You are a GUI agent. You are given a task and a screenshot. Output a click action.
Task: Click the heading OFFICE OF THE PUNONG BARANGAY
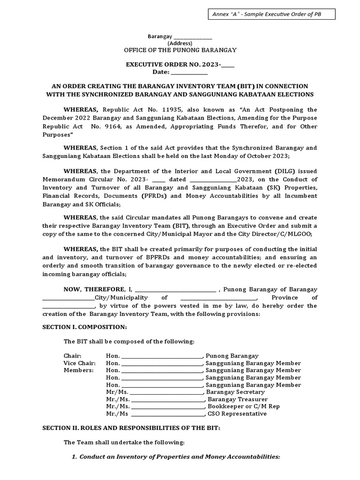click(180, 50)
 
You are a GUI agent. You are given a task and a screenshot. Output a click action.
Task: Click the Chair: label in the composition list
click(72, 356)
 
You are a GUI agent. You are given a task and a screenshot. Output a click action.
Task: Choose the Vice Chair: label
click(79, 363)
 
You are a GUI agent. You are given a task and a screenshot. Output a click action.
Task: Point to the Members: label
click(78, 370)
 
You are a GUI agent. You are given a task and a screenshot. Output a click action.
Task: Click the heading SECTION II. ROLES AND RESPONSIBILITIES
click(131, 428)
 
